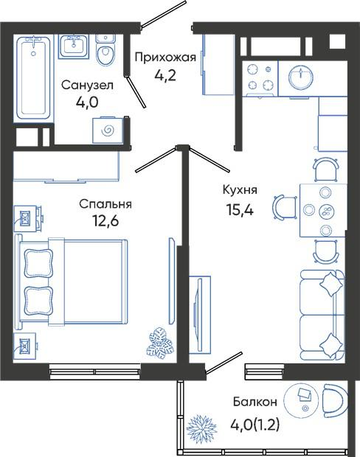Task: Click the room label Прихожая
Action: point(165,57)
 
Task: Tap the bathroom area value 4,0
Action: point(87,102)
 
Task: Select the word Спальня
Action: point(105,204)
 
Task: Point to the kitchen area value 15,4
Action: point(240,209)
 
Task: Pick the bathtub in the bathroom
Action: point(33,77)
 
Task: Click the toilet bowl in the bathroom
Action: point(105,52)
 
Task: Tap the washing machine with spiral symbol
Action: point(108,130)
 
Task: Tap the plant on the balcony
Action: point(201,420)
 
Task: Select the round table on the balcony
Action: point(302,400)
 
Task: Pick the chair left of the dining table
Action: point(285,208)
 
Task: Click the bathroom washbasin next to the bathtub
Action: point(74,46)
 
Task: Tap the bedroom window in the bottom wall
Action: point(95,371)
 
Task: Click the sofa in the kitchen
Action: point(322,315)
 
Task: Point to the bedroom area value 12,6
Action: point(105,221)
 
